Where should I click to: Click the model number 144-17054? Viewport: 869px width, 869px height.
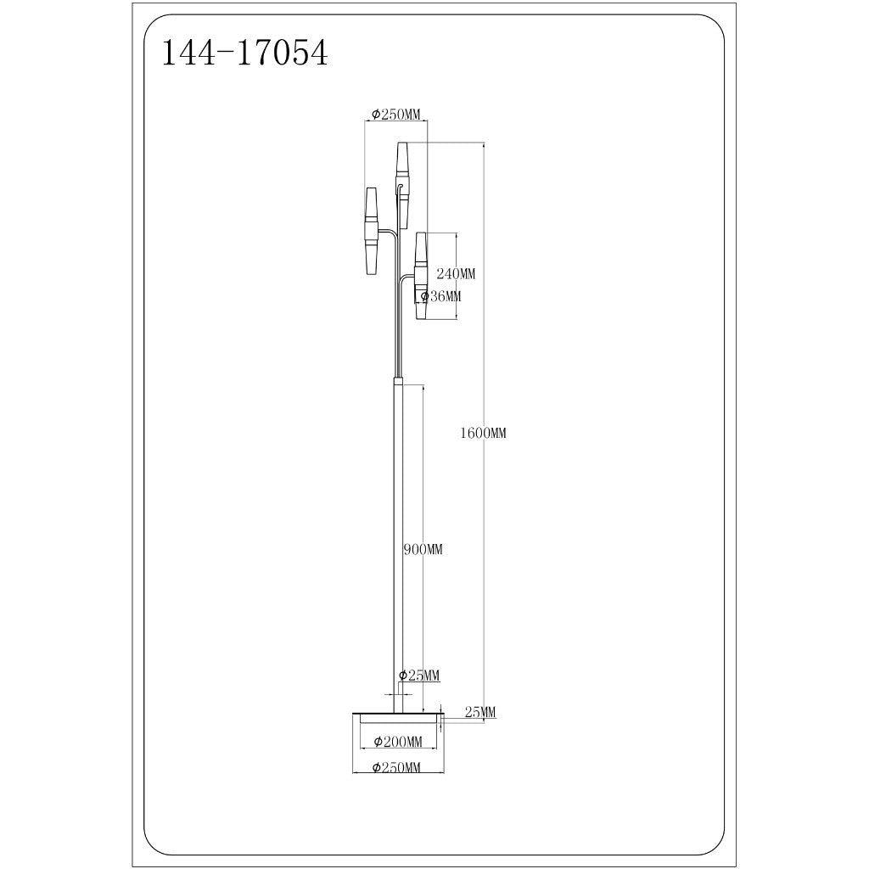tap(244, 54)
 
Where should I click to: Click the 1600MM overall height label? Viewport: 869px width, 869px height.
tap(483, 433)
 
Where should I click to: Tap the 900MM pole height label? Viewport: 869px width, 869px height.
tap(423, 549)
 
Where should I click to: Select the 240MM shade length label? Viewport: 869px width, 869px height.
tap(456, 273)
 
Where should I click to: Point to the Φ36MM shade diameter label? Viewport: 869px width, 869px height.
tap(440, 296)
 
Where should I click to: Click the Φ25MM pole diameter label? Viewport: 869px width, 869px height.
tap(419, 675)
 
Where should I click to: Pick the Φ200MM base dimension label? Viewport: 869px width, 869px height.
tap(398, 742)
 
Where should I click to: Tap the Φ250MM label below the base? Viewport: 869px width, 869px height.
tap(397, 767)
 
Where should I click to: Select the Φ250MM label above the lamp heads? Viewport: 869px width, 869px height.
tap(396, 115)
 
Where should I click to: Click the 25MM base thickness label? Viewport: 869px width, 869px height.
tap(480, 712)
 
